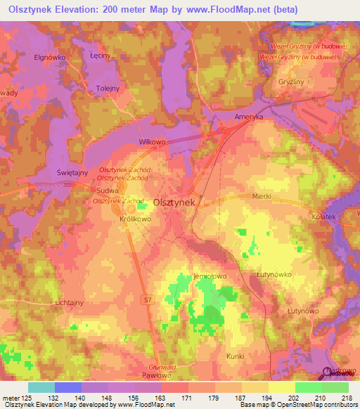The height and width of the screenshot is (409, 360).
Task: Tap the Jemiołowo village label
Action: click(x=209, y=278)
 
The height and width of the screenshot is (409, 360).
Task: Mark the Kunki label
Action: click(x=236, y=356)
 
